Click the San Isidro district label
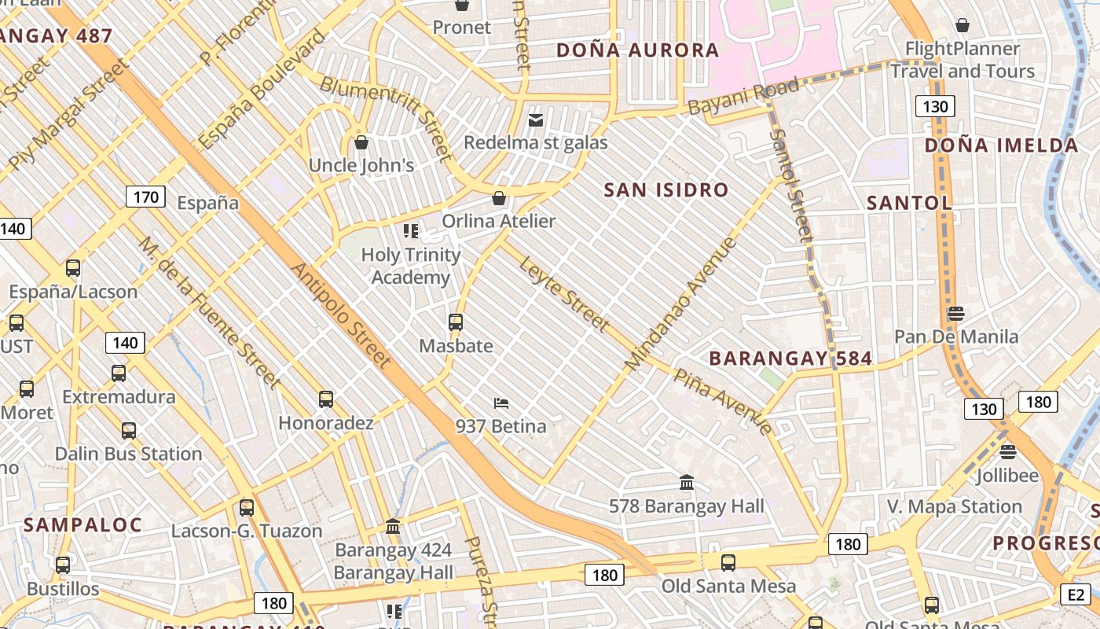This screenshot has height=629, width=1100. click(x=666, y=189)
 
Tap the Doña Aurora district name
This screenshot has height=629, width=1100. click(x=638, y=50)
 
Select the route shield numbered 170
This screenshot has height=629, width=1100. click(x=146, y=197)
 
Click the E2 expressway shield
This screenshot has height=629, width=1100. click(x=1076, y=594)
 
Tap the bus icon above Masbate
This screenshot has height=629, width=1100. click(x=456, y=322)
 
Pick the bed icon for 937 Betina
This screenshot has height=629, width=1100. click(x=500, y=403)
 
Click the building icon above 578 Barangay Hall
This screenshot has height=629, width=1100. click(x=687, y=482)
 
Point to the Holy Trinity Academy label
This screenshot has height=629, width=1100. click(x=411, y=266)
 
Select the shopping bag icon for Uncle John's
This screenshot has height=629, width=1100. click(x=361, y=142)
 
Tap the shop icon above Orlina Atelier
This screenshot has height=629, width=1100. click(x=499, y=198)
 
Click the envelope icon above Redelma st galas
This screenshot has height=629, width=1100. click(x=536, y=120)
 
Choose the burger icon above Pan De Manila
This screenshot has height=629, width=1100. click(x=955, y=314)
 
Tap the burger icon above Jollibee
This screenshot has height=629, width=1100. click(x=1008, y=452)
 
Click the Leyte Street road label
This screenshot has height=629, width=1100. click(x=563, y=292)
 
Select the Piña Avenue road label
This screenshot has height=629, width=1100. click(x=724, y=399)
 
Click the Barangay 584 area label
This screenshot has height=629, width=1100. click(x=790, y=359)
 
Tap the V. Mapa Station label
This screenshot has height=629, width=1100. click(x=955, y=506)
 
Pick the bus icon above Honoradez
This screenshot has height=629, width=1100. click(x=326, y=399)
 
